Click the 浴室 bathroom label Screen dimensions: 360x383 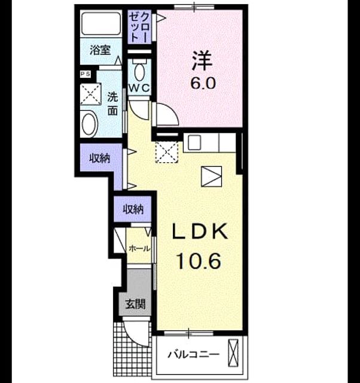[100, 50]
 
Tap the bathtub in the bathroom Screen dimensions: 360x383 [101, 23]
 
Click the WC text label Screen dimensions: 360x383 [139, 88]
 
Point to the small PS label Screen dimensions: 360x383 [86, 74]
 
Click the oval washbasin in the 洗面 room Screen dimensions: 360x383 [89, 124]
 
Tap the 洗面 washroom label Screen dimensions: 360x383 [112, 104]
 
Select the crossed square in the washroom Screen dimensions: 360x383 [90, 94]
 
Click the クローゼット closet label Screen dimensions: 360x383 [139, 26]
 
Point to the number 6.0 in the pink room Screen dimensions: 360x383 [203, 84]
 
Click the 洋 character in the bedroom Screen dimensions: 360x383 [202, 60]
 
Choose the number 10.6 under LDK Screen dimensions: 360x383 [199, 261]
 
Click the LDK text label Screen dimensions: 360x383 [200, 232]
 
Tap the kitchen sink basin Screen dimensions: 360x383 [194, 142]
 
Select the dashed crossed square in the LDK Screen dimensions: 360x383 [167, 151]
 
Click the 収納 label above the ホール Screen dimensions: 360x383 [133, 209]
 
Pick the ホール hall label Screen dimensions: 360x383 [139, 249]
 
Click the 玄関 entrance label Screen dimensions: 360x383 [135, 304]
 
